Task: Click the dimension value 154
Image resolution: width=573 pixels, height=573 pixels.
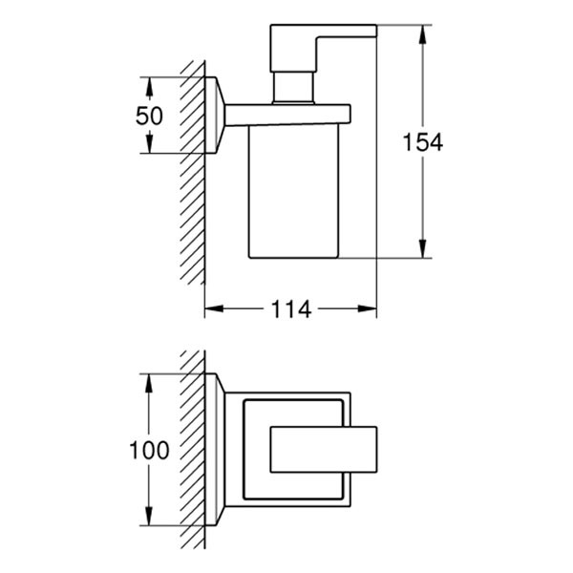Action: coord(423,142)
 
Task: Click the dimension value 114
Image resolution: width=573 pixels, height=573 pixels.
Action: coord(291,309)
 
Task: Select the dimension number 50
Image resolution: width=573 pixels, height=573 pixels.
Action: coord(149,116)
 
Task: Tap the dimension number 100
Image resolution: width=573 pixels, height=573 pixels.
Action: coord(149,450)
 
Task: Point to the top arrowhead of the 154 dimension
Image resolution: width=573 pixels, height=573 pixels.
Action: coord(422,34)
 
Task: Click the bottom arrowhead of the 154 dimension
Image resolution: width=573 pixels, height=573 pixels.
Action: coord(422,248)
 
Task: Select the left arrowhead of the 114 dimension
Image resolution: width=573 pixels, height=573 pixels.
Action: coord(214,308)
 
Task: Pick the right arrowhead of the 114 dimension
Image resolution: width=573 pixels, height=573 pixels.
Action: coord(367,308)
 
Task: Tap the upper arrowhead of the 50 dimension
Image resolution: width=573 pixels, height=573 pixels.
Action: coord(149,87)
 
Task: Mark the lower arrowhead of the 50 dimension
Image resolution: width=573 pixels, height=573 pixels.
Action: coord(149,143)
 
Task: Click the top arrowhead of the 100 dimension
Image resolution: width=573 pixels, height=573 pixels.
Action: coord(149,383)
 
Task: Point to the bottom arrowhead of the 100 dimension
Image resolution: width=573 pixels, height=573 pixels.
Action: coord(149,516)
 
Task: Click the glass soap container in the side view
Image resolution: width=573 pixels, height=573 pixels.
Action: coord(293,192)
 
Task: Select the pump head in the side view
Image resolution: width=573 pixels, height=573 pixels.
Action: coord(323,48)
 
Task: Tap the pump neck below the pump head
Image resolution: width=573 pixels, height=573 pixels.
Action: coord(293,87)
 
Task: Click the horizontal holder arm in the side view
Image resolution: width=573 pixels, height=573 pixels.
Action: coord(288,116)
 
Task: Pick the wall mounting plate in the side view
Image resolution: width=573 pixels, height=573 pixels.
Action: coord(215,116)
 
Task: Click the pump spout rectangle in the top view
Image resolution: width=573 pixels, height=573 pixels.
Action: coord(324,450)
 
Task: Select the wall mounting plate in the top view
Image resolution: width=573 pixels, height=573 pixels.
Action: coord(215,450)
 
